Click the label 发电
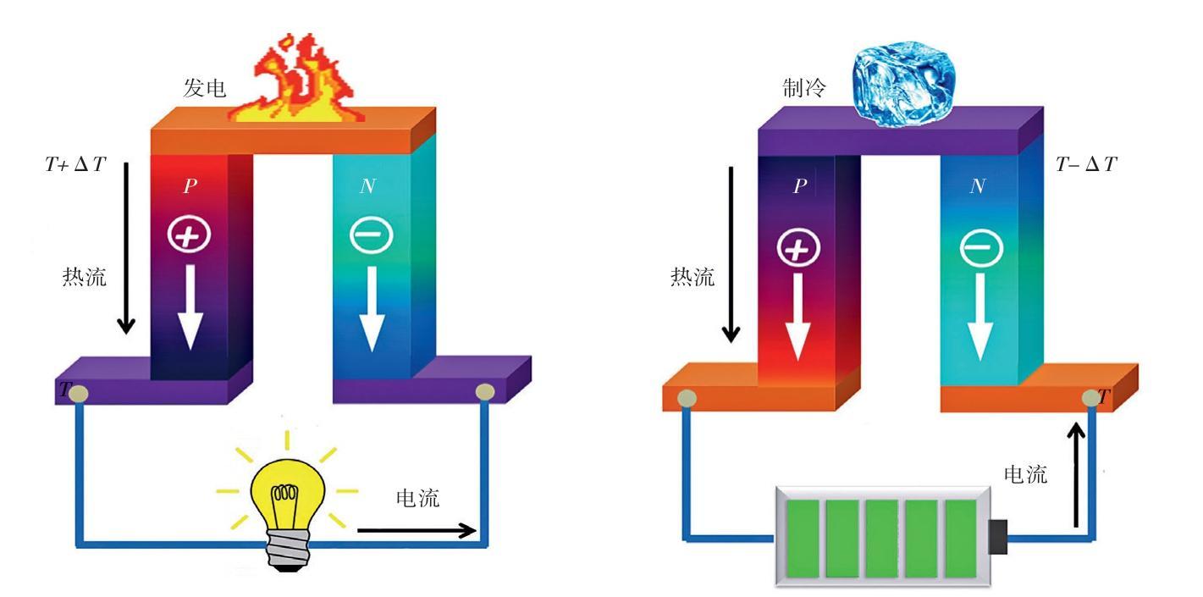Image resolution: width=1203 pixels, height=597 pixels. (205, 87)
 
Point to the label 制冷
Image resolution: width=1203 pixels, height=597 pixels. (804, 87)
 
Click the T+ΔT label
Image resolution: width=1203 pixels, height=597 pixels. (75, 164)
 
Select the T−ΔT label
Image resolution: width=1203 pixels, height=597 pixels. (1086, 164)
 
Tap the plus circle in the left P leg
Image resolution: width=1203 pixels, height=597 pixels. (189, 235)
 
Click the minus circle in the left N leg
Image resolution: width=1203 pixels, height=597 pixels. (371, 235)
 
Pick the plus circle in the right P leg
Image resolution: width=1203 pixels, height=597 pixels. (798, 247)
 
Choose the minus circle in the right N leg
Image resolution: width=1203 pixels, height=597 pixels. (980, 248)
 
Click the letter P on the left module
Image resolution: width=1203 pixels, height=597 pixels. (190, 186)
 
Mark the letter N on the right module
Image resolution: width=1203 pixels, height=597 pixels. (978, 186)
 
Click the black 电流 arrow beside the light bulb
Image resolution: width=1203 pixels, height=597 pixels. (417, 531)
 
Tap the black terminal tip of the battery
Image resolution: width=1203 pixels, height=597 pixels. (998, 536)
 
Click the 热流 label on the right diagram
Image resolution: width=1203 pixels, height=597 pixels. (693, 277)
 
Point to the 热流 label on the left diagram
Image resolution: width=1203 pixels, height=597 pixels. (85, 277)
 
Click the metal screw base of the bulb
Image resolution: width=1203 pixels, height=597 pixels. (289, 550)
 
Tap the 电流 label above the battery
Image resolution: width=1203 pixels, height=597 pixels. (1026, 474)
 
